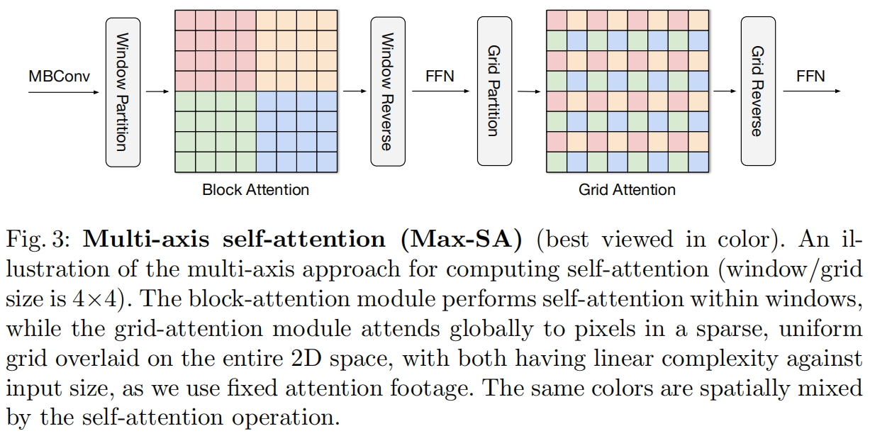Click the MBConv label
[x=60, y=76]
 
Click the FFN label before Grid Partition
[x=440, y=76]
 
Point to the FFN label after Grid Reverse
[x=810, y=76]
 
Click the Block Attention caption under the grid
[x=255, y=190]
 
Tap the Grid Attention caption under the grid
[x=627, y=190]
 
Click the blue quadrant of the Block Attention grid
[x=296, y=131]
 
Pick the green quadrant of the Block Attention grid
[x=215, y=131]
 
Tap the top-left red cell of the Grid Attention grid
[x=556, y=20]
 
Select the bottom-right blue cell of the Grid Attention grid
[x=698, y=162]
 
